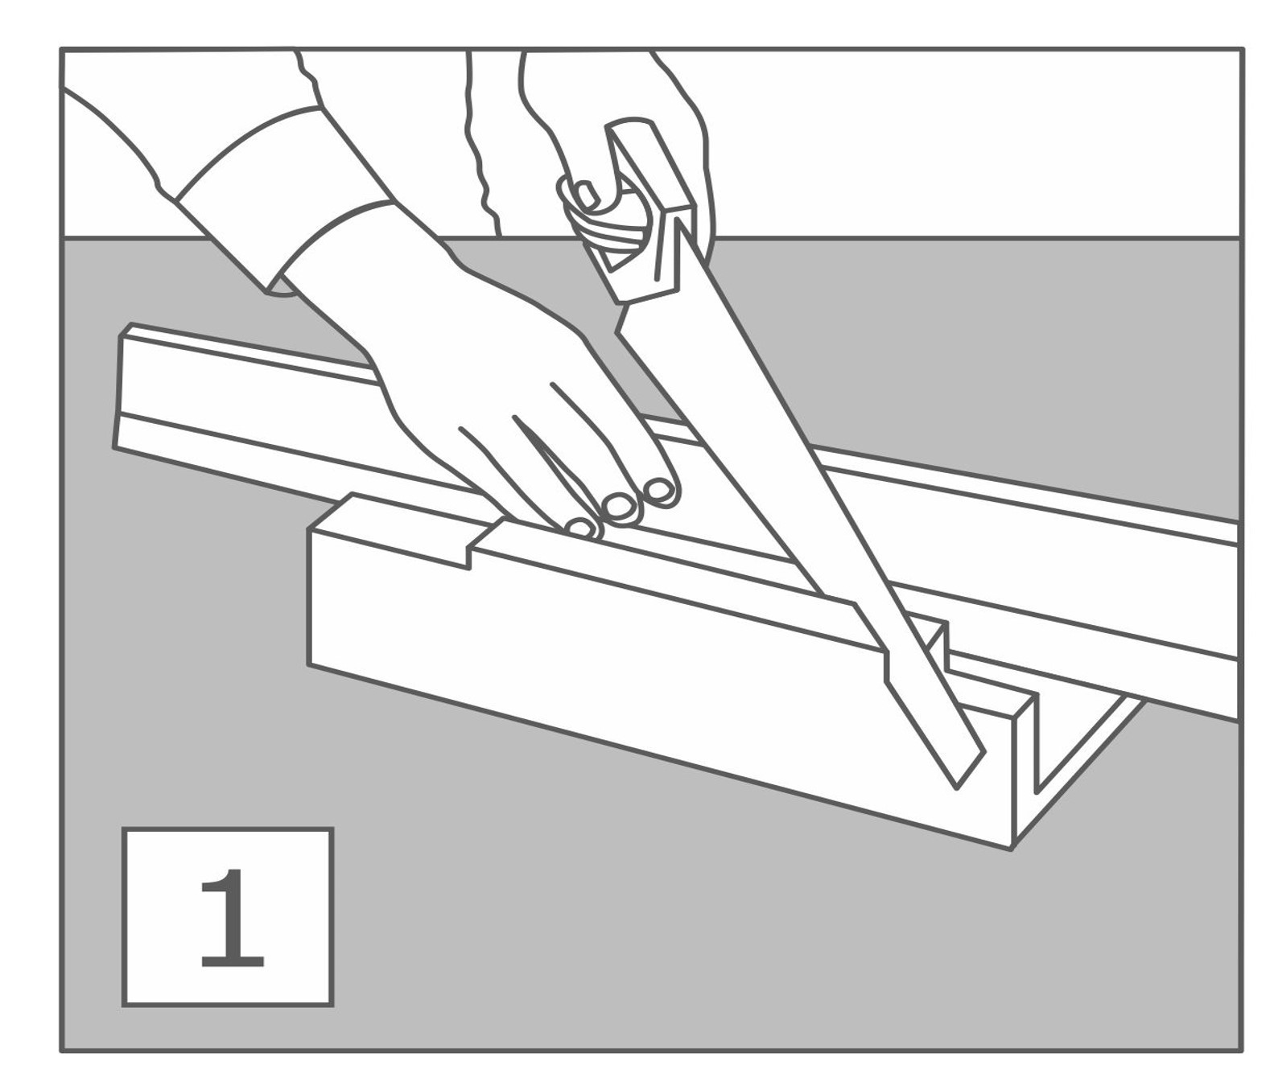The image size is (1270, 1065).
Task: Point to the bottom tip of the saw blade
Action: coord(956,789)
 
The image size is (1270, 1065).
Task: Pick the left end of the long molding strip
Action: coord(122,389)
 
